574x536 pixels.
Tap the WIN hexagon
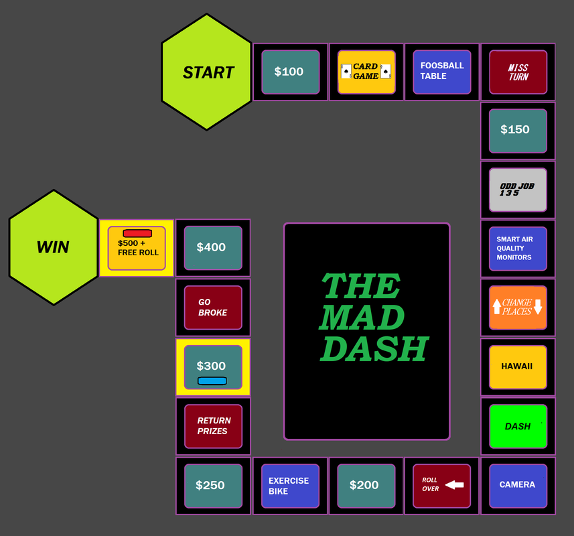coord(53,247)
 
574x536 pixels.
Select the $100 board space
coord(290,72)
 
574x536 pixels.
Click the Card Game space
coord(366,72)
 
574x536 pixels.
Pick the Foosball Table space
coord(442,72)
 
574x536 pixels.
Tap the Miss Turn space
coord(518,72)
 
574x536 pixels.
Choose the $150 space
coord(518,130)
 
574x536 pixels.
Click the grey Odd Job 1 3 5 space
coord(518,190)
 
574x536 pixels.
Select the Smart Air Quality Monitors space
coord(518,249)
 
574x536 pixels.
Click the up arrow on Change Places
coord(496,307)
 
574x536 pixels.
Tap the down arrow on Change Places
coord(538,307)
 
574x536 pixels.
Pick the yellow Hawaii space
coord(518,366)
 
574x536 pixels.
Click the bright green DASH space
coord(518,426)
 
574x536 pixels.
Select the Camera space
coord(518,485)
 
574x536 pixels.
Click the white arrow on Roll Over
coord(455,485)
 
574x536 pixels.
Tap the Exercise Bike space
coord(290,485)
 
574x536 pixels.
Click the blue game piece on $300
coord(212,381)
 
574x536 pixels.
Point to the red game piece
coord(137,233)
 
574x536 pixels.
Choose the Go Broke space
coord(213,308)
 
